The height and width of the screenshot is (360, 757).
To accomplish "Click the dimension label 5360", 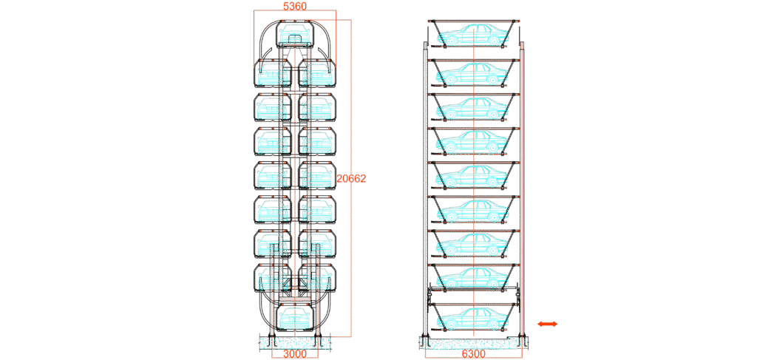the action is [295, 6].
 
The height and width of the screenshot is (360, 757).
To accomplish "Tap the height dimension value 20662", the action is [351, 179].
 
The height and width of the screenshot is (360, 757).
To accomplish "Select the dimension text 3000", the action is [294, 354].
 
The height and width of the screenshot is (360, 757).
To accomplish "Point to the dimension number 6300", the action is [473, 354].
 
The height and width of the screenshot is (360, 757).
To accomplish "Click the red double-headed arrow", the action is [548, 324].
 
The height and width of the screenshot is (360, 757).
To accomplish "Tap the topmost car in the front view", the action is [295, 34].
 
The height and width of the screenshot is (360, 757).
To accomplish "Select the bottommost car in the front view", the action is [295, 316].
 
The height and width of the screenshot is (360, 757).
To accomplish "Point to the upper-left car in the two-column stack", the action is [272, 73].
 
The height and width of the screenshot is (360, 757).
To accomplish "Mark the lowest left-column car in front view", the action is [272, 279].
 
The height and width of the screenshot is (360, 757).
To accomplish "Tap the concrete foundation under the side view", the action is [473, 343].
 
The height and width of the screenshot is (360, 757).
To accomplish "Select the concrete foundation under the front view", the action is [295, 342].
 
